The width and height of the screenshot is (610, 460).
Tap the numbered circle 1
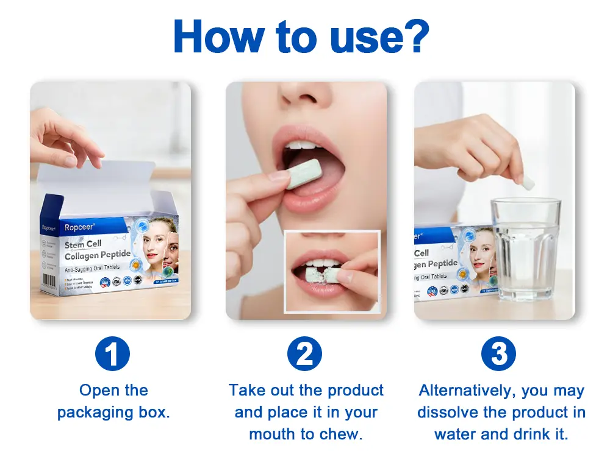113,353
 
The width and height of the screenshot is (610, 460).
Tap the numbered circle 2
305,353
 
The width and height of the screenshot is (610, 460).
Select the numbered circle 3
498,353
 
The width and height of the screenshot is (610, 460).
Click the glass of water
525,250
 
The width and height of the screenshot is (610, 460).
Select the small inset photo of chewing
332,271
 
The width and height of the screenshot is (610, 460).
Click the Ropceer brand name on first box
81,227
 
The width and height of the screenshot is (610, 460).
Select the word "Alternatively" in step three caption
467,391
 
